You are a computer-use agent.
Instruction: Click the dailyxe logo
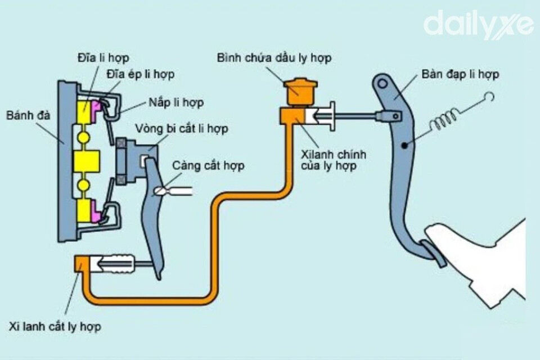[478, 25]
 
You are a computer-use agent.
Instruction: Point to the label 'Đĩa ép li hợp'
[141, 74]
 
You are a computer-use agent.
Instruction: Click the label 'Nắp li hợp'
[176, 103]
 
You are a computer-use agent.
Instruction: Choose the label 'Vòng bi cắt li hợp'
[182, 129]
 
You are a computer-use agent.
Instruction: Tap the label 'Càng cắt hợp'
[208, 166]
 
